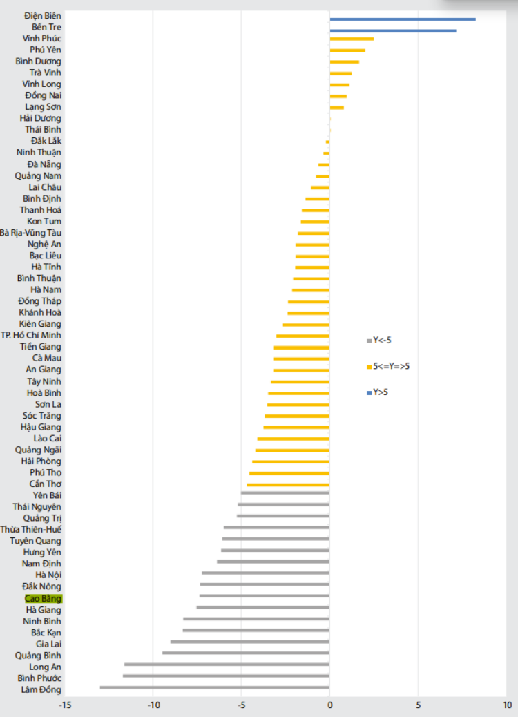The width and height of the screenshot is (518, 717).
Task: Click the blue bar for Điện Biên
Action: (402, 19)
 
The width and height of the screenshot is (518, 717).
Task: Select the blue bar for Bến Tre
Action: (392, 30)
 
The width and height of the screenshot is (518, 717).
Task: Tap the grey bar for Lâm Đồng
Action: (215, 687)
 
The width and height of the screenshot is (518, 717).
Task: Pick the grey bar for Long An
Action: (227, 665)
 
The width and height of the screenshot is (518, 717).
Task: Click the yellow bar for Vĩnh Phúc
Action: (352, 39)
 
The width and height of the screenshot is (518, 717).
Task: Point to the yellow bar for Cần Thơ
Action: (288, 485)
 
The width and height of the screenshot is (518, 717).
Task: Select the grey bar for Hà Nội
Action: (265, 573)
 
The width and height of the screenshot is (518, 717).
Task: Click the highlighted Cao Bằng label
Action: (43, 598)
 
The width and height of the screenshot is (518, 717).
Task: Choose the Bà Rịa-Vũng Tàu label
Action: (31, 233)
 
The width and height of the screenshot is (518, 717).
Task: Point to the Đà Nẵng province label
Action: (44, 164)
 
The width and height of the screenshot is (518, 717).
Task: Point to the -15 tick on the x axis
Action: (65, 705)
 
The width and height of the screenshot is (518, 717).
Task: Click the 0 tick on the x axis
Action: (329, 705)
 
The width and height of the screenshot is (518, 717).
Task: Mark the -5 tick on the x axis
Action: (241, 705)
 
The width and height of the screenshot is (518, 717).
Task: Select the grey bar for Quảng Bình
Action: (246, 653)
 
